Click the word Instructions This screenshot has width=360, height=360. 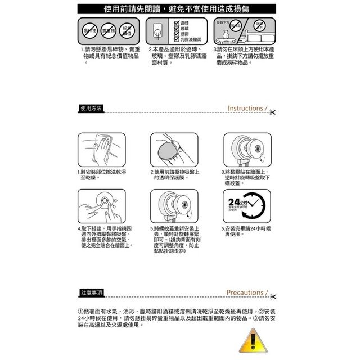[x=245, y=108]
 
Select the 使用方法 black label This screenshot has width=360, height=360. [x=91, y=108]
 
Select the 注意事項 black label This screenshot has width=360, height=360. [x=91, y=292]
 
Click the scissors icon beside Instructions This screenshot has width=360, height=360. [x=272, y=111]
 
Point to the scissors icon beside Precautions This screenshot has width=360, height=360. [x=272, y=296]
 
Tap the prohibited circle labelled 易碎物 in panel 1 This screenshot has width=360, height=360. [x=90, y=29]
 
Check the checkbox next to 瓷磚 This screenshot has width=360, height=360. [x=177, y=21]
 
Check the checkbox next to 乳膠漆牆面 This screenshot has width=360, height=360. [x=177, y=40]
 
